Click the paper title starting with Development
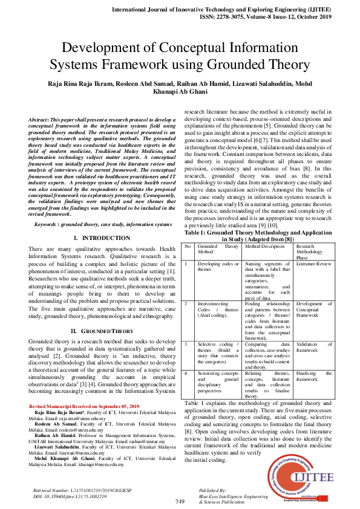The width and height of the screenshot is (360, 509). (180, 56)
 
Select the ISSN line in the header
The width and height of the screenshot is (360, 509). (264, 18)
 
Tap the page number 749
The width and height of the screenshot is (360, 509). (180, 502)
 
